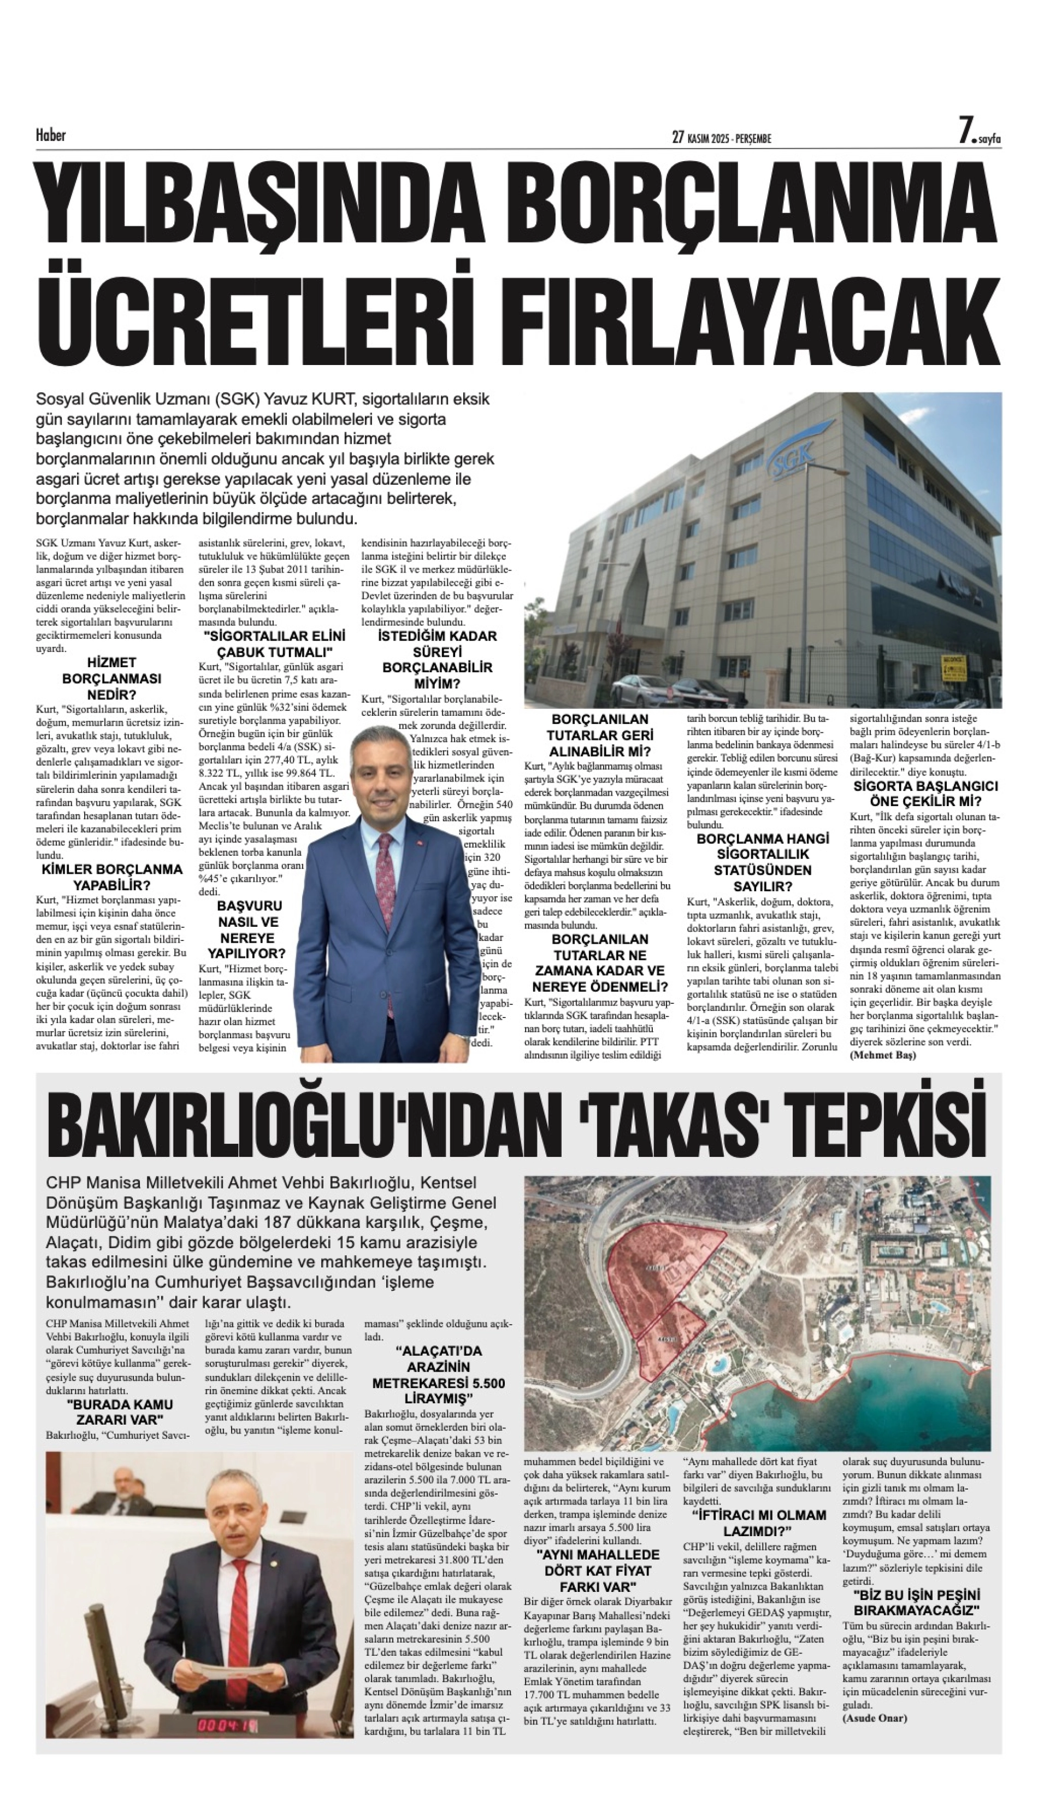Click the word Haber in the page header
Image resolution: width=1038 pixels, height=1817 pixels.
51,135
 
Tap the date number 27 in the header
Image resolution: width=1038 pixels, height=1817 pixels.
678,138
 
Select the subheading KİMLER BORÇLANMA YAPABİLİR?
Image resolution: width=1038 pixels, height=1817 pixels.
111,878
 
